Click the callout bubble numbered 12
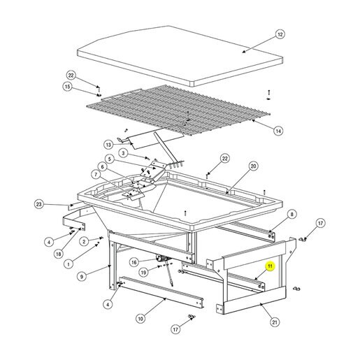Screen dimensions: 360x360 [280, 34]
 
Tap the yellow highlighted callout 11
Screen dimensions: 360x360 [270, 266]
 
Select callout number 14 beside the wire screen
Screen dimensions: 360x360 [278, 131]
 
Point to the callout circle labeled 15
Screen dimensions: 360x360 [67, 87]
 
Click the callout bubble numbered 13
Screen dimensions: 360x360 [108, 145]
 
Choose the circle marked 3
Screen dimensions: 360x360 [123, 153]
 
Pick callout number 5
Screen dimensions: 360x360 [110, 159]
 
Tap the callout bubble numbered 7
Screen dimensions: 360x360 [96, 175]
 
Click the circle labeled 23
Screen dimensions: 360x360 [38, 204]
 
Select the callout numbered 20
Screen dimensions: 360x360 [253, 166]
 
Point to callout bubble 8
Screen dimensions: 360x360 [291, 214]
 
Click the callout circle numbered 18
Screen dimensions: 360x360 [59, 254]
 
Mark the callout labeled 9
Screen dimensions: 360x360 [82, 277]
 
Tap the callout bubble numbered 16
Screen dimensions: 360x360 [134, 263]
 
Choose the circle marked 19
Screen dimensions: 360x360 [143, 272]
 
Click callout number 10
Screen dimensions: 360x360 [141, 319]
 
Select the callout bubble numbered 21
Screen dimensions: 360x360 [275, 322]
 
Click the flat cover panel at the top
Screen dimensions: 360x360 [180, 56]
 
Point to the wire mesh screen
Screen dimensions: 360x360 [178, 110]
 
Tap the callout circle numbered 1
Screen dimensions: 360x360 [69, 264]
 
